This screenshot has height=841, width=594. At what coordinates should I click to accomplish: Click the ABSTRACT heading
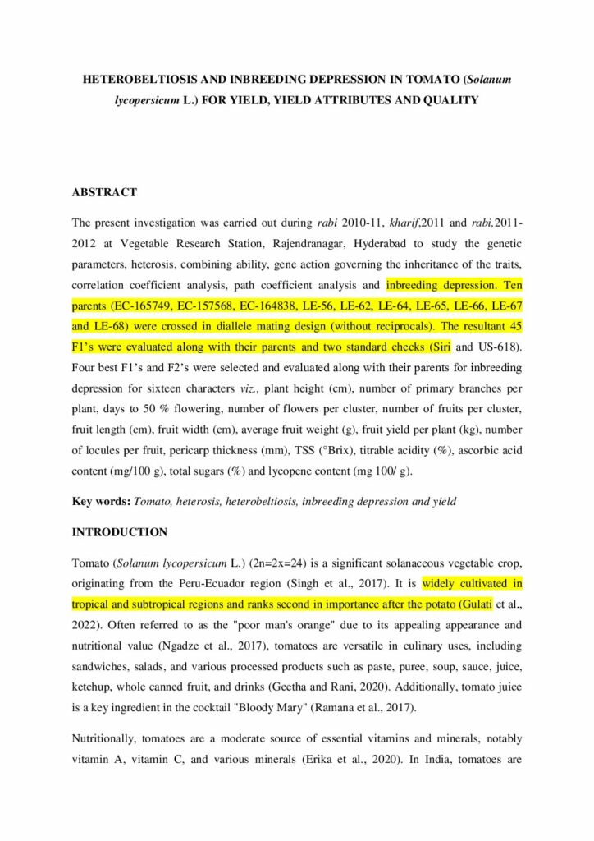(x=104, y=192)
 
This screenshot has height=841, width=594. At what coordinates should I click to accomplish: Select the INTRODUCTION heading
(x=120, y=532)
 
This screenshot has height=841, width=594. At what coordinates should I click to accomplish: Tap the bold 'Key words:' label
(x=102, y=501)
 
